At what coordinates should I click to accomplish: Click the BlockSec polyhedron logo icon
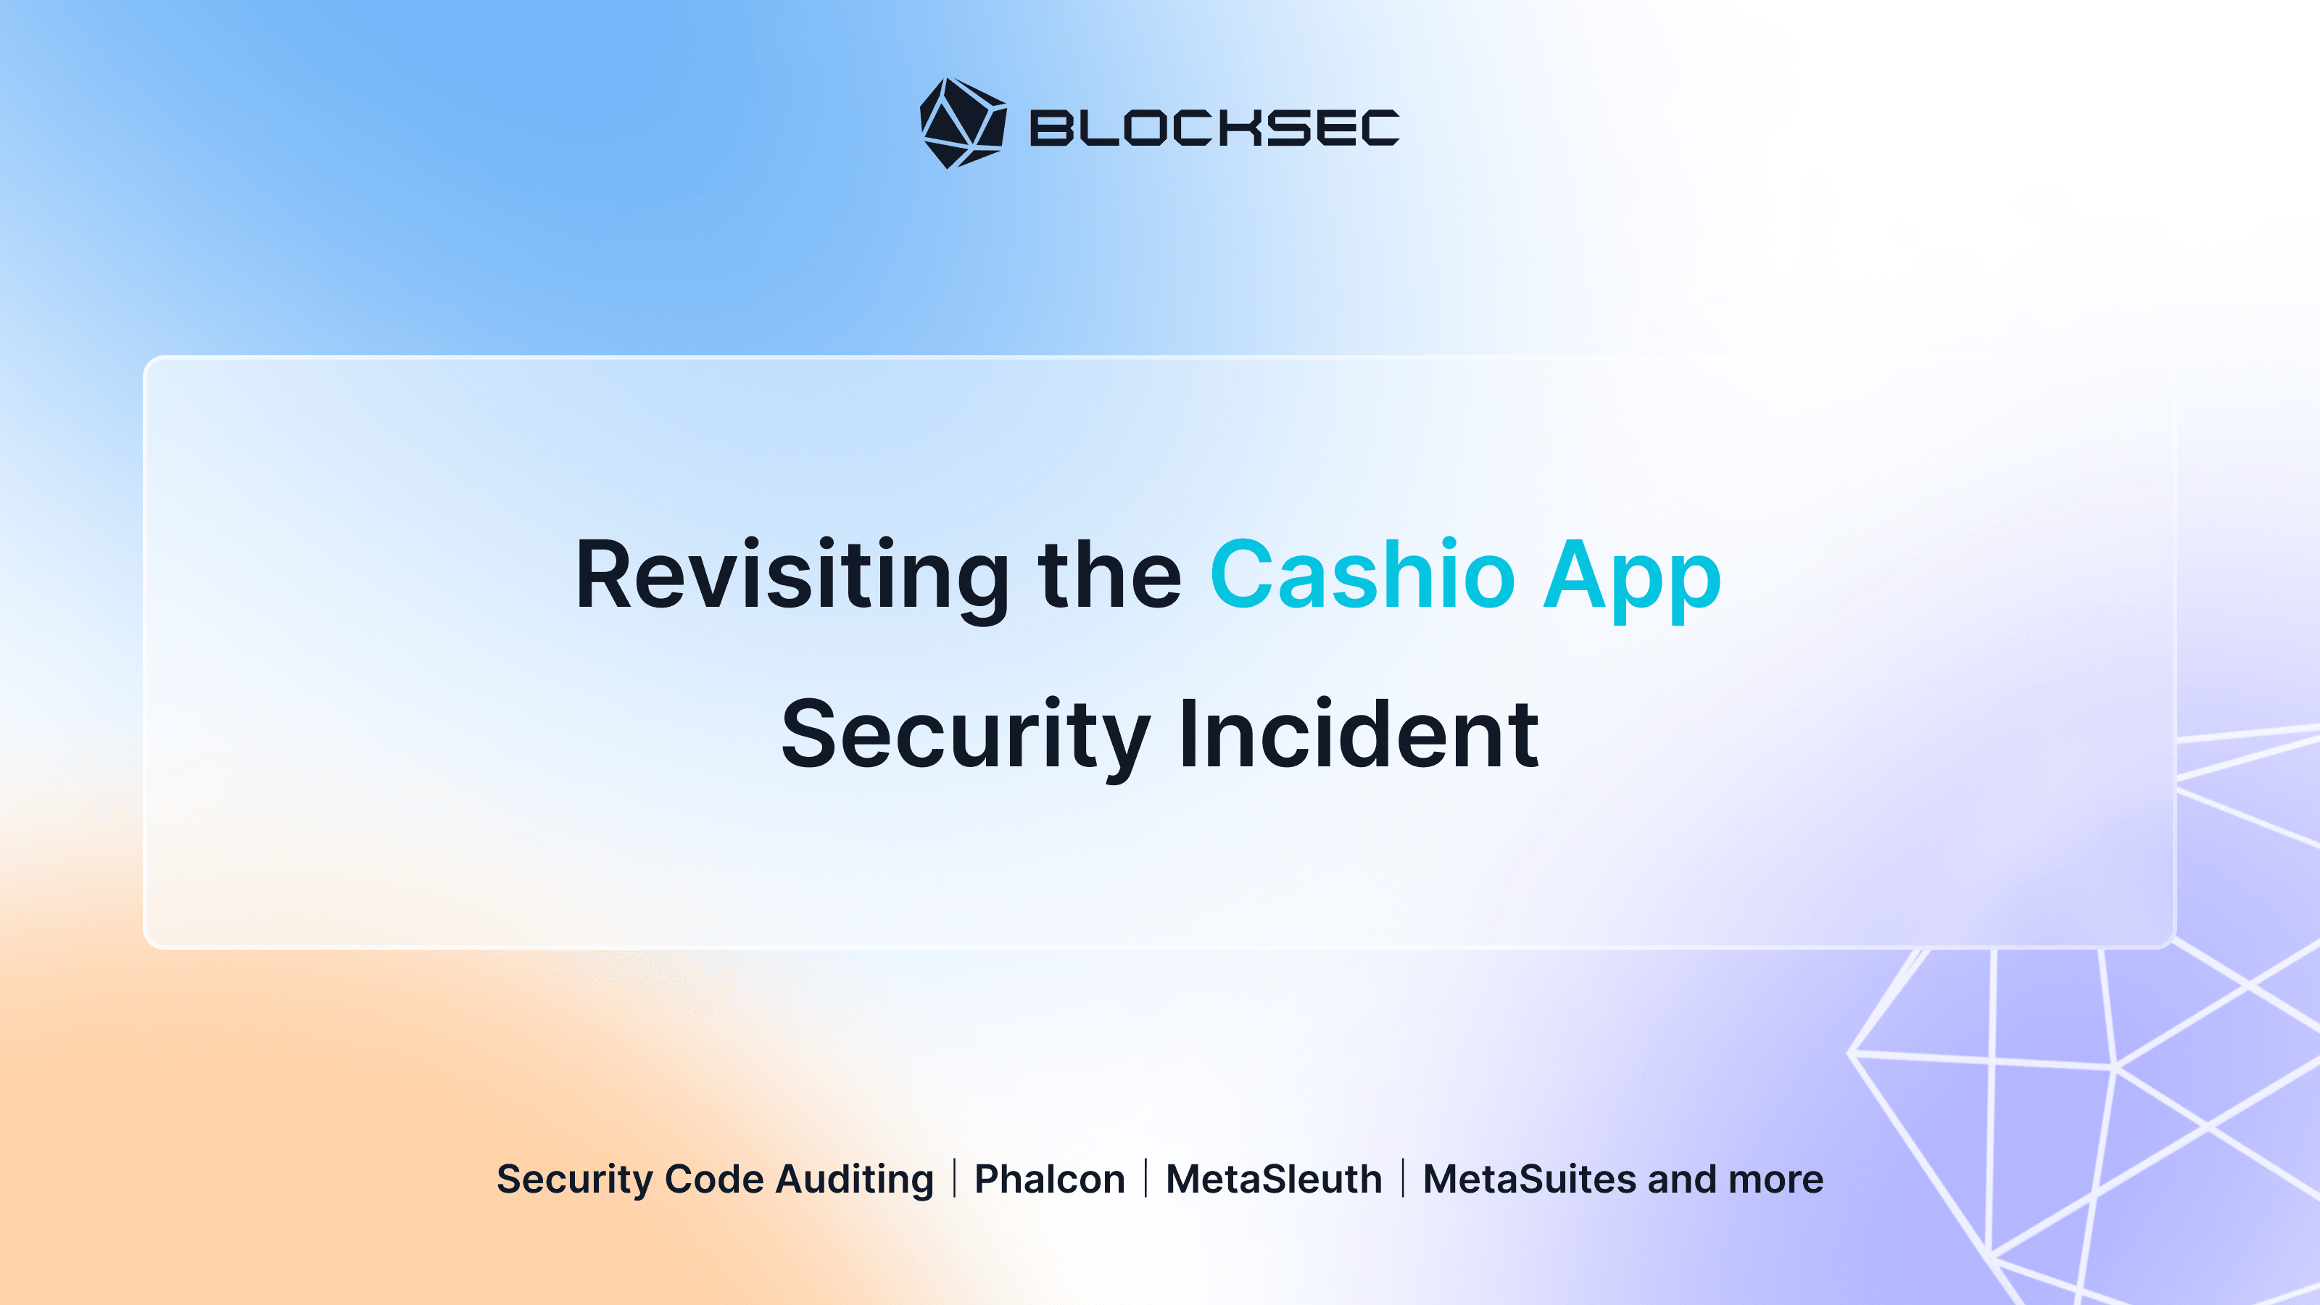tap(963, 123)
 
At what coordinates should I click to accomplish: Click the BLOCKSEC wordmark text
tap(1214, 128)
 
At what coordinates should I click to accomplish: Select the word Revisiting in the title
tap(792, 576)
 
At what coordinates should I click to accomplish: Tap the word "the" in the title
tap(1109, 576)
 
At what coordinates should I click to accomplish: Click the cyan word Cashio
tap(1363, 576)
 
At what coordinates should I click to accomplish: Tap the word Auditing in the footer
tap(855, 1180)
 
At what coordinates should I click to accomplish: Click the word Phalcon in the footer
tap(1050, 1179)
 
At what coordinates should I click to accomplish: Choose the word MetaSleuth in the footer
tap(1274, 1179)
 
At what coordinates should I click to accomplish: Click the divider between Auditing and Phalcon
tap(955, 1179)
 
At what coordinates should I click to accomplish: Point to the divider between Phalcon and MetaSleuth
tap(1145, 1179)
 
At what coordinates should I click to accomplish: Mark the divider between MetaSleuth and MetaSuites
tap(1403, 1179)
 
